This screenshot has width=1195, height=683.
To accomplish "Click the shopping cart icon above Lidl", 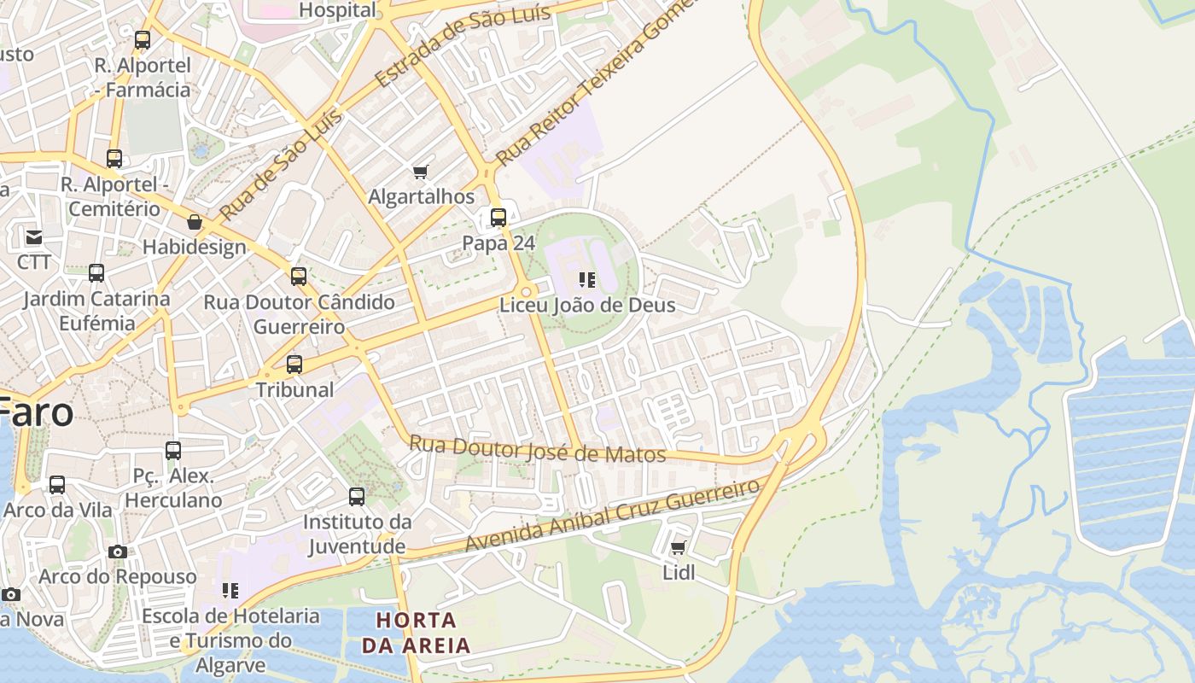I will [678, 547].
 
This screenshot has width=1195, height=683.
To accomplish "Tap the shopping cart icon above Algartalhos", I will [420, 172].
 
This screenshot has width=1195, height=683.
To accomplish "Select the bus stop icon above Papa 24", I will [498, 218].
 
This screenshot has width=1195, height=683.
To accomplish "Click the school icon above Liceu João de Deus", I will [586, 279].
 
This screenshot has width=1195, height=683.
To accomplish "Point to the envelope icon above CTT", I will [34, 236].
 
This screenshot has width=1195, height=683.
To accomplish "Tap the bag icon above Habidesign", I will [195, 223].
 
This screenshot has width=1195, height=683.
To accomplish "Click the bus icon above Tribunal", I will [294, 365].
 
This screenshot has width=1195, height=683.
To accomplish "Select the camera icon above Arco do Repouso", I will [118, 552].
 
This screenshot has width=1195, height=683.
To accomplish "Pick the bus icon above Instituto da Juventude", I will [357, 497].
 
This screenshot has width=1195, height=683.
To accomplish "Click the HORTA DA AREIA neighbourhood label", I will [417, 633].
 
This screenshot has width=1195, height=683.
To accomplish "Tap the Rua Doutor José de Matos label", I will [538, 449].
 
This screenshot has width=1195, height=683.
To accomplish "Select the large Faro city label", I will [36, 412].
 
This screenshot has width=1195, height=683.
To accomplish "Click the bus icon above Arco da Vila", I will [57, 485].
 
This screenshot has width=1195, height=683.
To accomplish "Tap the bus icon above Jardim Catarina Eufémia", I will [96, 273].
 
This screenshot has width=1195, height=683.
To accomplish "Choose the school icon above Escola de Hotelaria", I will [230, 590].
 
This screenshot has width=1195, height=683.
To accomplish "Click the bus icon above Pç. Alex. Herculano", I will [173, 451].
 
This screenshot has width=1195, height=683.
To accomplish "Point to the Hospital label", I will [338, 10].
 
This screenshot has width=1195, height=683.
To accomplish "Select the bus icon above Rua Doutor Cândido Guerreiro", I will [299, 277].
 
